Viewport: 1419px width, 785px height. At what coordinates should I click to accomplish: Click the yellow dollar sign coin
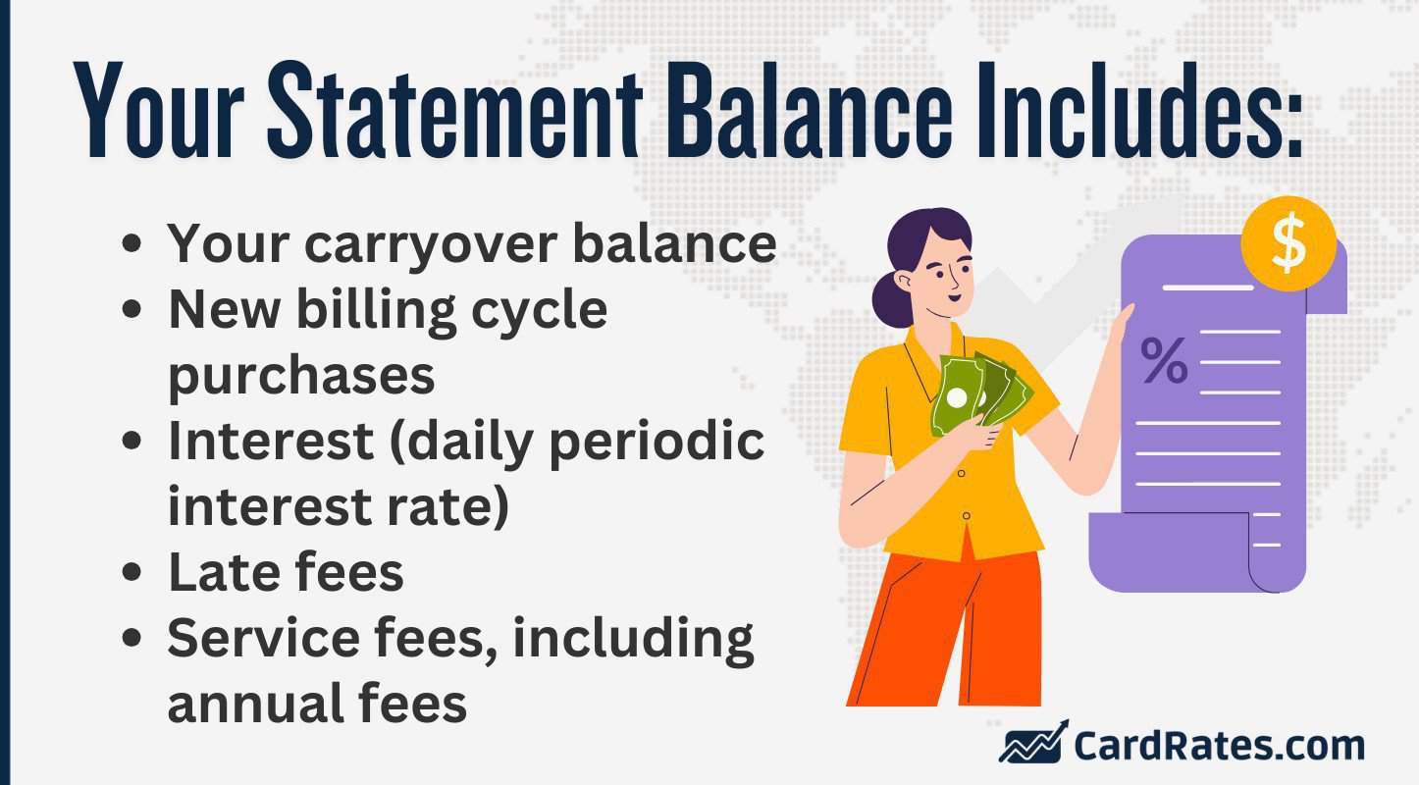pyautogui.click(x=1288, y=244)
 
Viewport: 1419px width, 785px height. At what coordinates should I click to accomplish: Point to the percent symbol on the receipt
pyautogui.click(x=1164, y=360)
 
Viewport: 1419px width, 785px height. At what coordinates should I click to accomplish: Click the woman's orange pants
pyautogui.click(x=942, y=628)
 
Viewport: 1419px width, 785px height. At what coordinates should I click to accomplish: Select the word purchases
pyautogui.click(x=301, y=376)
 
